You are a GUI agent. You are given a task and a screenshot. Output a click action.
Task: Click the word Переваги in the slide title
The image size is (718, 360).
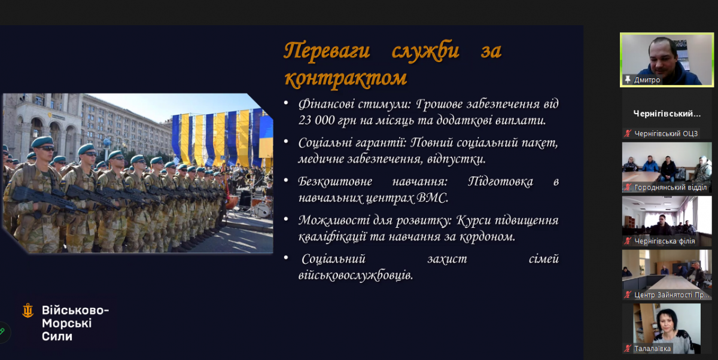click(327, 51)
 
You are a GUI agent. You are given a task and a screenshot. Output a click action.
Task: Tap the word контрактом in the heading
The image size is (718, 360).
click(346, 78)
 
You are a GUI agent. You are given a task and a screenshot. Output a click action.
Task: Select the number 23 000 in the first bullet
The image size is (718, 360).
click(317, 120)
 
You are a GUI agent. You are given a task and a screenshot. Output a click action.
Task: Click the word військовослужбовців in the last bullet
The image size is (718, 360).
click(355, 276)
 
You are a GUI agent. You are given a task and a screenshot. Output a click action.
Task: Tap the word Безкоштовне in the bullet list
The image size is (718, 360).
click(335, 182)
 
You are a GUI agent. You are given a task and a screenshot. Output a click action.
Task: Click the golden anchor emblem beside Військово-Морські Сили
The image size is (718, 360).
click(28, 310)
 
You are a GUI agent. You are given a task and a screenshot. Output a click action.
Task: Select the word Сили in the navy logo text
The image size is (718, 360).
click(57, 336)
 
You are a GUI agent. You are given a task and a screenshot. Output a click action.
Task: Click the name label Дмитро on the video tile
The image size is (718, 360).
click(647, 80)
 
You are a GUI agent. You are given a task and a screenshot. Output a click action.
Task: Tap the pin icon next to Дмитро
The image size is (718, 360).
click(628, 80)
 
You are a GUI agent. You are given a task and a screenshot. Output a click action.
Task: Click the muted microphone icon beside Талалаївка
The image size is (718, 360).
click(627, 349)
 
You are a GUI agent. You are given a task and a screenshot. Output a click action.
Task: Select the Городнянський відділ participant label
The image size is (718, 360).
click(670, 187)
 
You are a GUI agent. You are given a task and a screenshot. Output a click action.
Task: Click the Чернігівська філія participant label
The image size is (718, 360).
click(665, 241)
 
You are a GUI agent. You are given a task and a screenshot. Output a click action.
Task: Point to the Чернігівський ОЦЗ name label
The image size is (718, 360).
click(666, 133)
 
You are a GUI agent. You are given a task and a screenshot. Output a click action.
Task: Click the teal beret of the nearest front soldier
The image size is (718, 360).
click(43, 141)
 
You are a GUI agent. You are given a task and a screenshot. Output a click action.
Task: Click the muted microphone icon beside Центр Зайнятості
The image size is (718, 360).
click(627, 295)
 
